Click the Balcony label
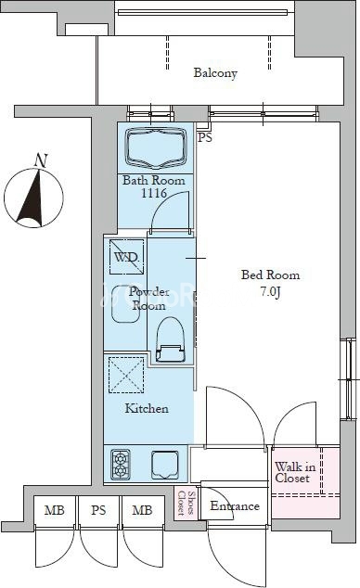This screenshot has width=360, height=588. [215, 72]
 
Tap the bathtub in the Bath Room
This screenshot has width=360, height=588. [156, 147]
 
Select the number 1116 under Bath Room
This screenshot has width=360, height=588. [154, 193]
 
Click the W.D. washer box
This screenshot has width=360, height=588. [126, 257]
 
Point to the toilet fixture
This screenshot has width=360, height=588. [170, 339]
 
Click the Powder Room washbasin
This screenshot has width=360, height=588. [125, 304]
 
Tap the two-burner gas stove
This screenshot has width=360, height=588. [121, 465]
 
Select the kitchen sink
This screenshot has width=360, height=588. [165, 465]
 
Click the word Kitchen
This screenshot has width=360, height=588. [147, 408]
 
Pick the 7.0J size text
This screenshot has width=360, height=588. [270, 292]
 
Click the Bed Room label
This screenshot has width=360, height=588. [270, 275]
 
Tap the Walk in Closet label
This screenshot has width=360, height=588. [295, 472]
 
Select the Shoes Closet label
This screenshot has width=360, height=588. [186, 503]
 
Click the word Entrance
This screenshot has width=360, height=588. [235, 505]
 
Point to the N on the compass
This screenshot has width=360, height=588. [41, 160]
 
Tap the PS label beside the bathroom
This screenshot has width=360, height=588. [205, 137]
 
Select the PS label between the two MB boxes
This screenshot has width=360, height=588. [98, 510]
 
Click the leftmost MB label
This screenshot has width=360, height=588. [55, 510]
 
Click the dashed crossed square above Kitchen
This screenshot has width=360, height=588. [126, 375]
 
